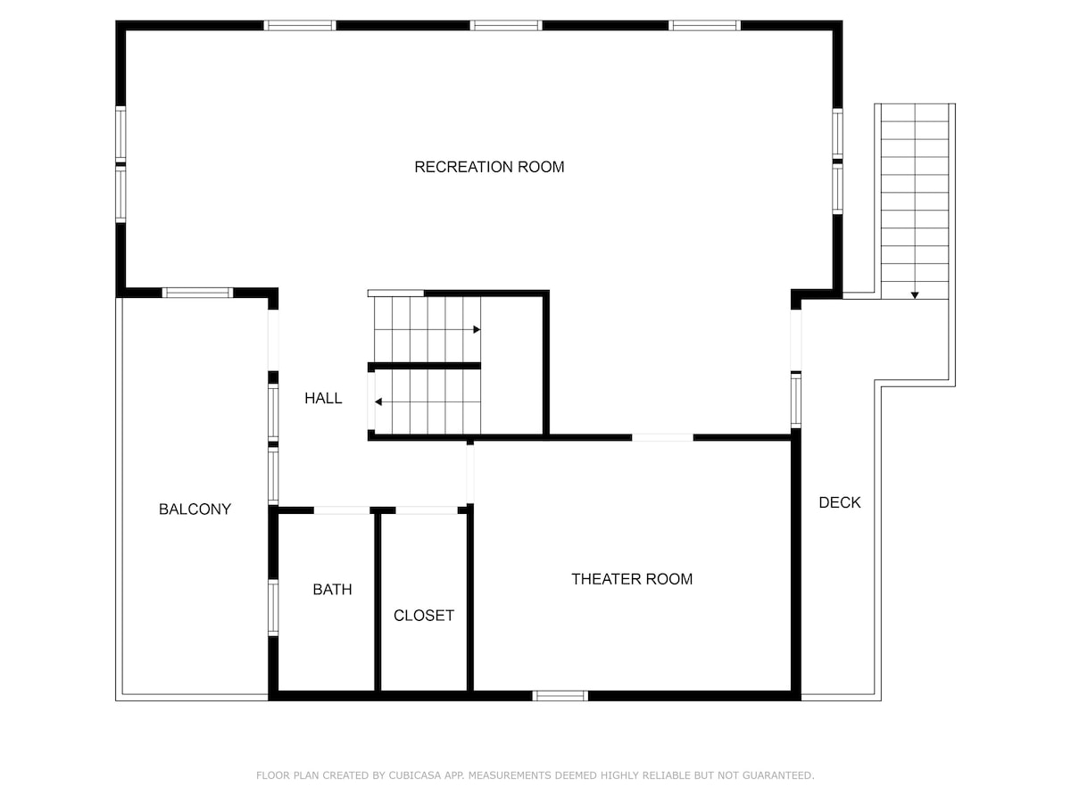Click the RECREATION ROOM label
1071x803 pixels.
489,167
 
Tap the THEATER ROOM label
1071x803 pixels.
632,579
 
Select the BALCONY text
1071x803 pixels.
195,509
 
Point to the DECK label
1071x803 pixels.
839,502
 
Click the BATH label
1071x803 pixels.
332,590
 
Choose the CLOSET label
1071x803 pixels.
424,616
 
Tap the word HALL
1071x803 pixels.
323,399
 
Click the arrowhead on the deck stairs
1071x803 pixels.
915,295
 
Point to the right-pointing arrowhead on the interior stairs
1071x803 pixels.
477,329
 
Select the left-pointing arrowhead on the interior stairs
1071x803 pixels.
378,401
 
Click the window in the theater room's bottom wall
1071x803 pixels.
560,696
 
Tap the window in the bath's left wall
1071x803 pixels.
273,608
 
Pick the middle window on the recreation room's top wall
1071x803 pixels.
506,25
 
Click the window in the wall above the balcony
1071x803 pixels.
197,293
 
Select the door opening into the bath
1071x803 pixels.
342,510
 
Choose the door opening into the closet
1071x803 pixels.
427,510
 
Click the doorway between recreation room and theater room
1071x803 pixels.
662,438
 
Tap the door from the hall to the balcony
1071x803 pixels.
273,340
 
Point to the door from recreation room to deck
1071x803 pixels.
796,340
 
